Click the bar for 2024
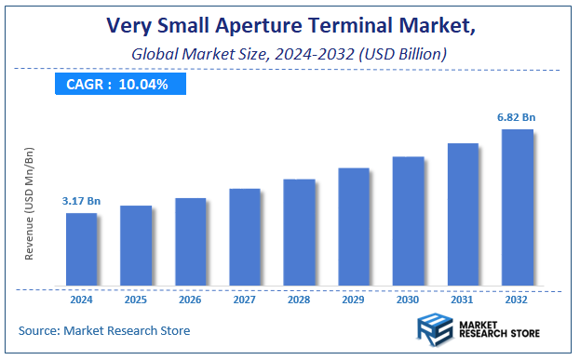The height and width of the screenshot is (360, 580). pyautogui.click(x=81, y=248)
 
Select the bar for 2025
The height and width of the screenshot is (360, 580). pyautogui.click(x=136, y=245)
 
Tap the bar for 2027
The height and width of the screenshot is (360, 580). pyautogui.click(x=245, y=236)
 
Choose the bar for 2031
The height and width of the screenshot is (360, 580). pyautogui.click(x=463, y=214)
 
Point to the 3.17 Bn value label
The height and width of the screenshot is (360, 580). pyautogui.click(x=81, y=200)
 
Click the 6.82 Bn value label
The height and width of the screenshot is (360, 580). pyautogui.click(x=518, y=116)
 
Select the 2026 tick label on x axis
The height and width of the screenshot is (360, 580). pyautogui.click(x=190, y=300)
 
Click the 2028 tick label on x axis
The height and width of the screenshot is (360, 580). pyautogui.click(x=299, y=300)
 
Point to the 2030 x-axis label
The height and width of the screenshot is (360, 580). pyautogui.click(x=408, y=300)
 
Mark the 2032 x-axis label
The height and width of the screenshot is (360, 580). pyautogui.click(x=518, y=300)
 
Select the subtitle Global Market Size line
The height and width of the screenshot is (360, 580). pyautogui.click(x=290, y=54)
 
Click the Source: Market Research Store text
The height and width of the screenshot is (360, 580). pyautogui.click(x=103, y=330)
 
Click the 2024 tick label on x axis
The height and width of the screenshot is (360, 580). pyautogui.click(x=81, y=300)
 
